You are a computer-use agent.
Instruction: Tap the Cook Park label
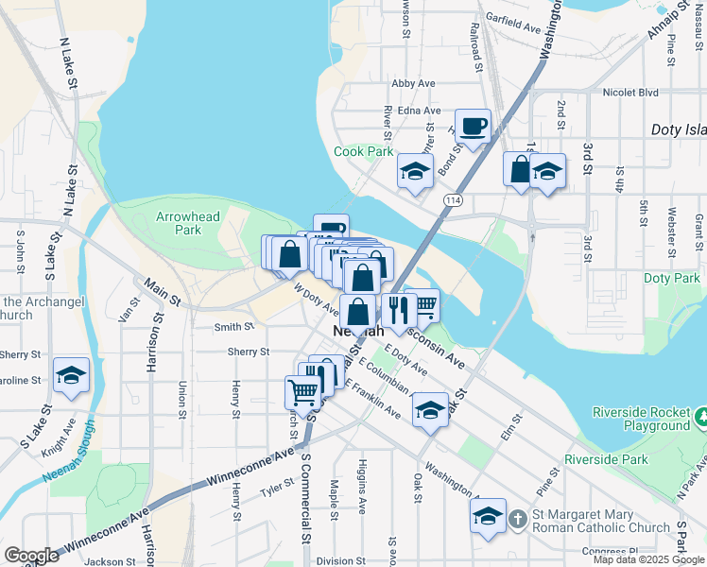[x=363, y=151]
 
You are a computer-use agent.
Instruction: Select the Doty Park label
[x=671, y=278]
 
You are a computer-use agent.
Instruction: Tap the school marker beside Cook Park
[x=414, y=171]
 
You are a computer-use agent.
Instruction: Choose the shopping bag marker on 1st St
[x=520, y=170]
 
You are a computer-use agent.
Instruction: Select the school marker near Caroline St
[x=71, y=375]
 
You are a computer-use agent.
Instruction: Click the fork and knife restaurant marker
[x=398, y=309]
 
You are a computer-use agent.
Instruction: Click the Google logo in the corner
[x=31, y=556]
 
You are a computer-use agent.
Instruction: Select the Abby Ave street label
[x=413, y=83]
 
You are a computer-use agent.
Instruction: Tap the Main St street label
[x=163, y=290]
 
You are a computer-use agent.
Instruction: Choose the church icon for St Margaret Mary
[x=517, y=519]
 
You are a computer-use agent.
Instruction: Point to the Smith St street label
[x=234, y=327]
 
